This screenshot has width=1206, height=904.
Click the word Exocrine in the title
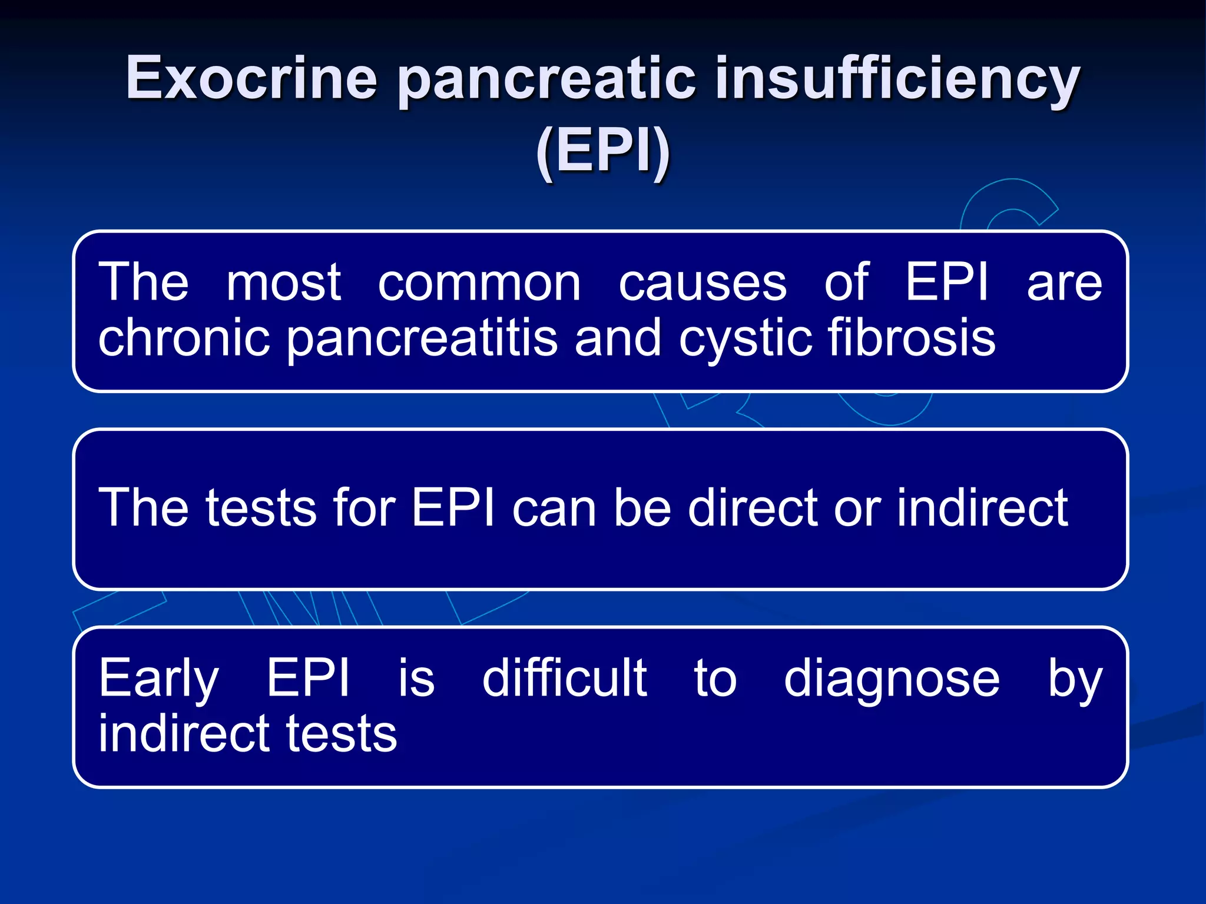click(x=251, y=78)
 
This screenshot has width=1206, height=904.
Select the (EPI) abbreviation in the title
click(x=603, y=151)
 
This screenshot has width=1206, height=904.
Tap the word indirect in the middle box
click(x=982, y=507)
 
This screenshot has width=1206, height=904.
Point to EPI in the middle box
click(x=453, y=507)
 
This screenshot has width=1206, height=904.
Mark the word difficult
click(x=564, y=678)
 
